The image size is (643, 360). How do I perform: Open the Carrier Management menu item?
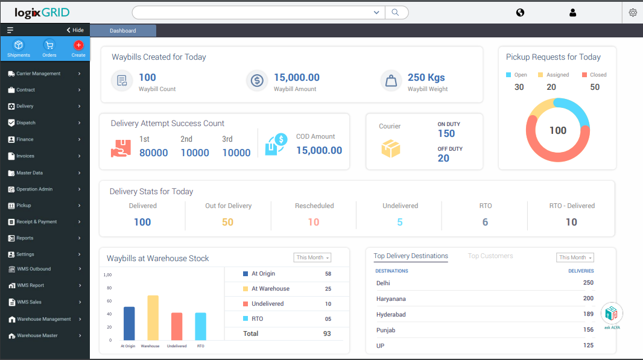coord(39,74)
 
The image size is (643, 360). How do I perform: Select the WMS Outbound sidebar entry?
coord(34,269)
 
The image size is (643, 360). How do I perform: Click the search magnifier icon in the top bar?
coord(395,13)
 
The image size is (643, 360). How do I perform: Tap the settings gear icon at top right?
coord(633,13)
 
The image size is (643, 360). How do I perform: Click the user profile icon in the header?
coord(572,13)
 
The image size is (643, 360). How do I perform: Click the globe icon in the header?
coord(520,13)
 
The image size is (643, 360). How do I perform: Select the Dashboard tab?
coord(123,31)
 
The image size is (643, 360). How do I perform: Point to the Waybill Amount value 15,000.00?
coord(296,77)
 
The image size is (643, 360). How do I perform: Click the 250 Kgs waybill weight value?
coord(426,77)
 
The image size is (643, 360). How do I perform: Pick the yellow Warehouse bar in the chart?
coord(153,318)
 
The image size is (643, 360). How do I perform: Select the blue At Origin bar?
coord(129,323)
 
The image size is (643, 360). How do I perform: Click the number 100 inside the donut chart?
coord(557,130)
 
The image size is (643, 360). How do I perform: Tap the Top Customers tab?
coord(490,256)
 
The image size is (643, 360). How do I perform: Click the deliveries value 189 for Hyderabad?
coord(588,314)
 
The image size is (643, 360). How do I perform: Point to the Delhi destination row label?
coord(383,283)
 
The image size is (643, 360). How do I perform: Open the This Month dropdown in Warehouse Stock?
coord(312,257)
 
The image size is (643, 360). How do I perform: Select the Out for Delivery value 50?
coord(227,222)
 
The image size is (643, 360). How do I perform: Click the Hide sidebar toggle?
coord(75,30)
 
